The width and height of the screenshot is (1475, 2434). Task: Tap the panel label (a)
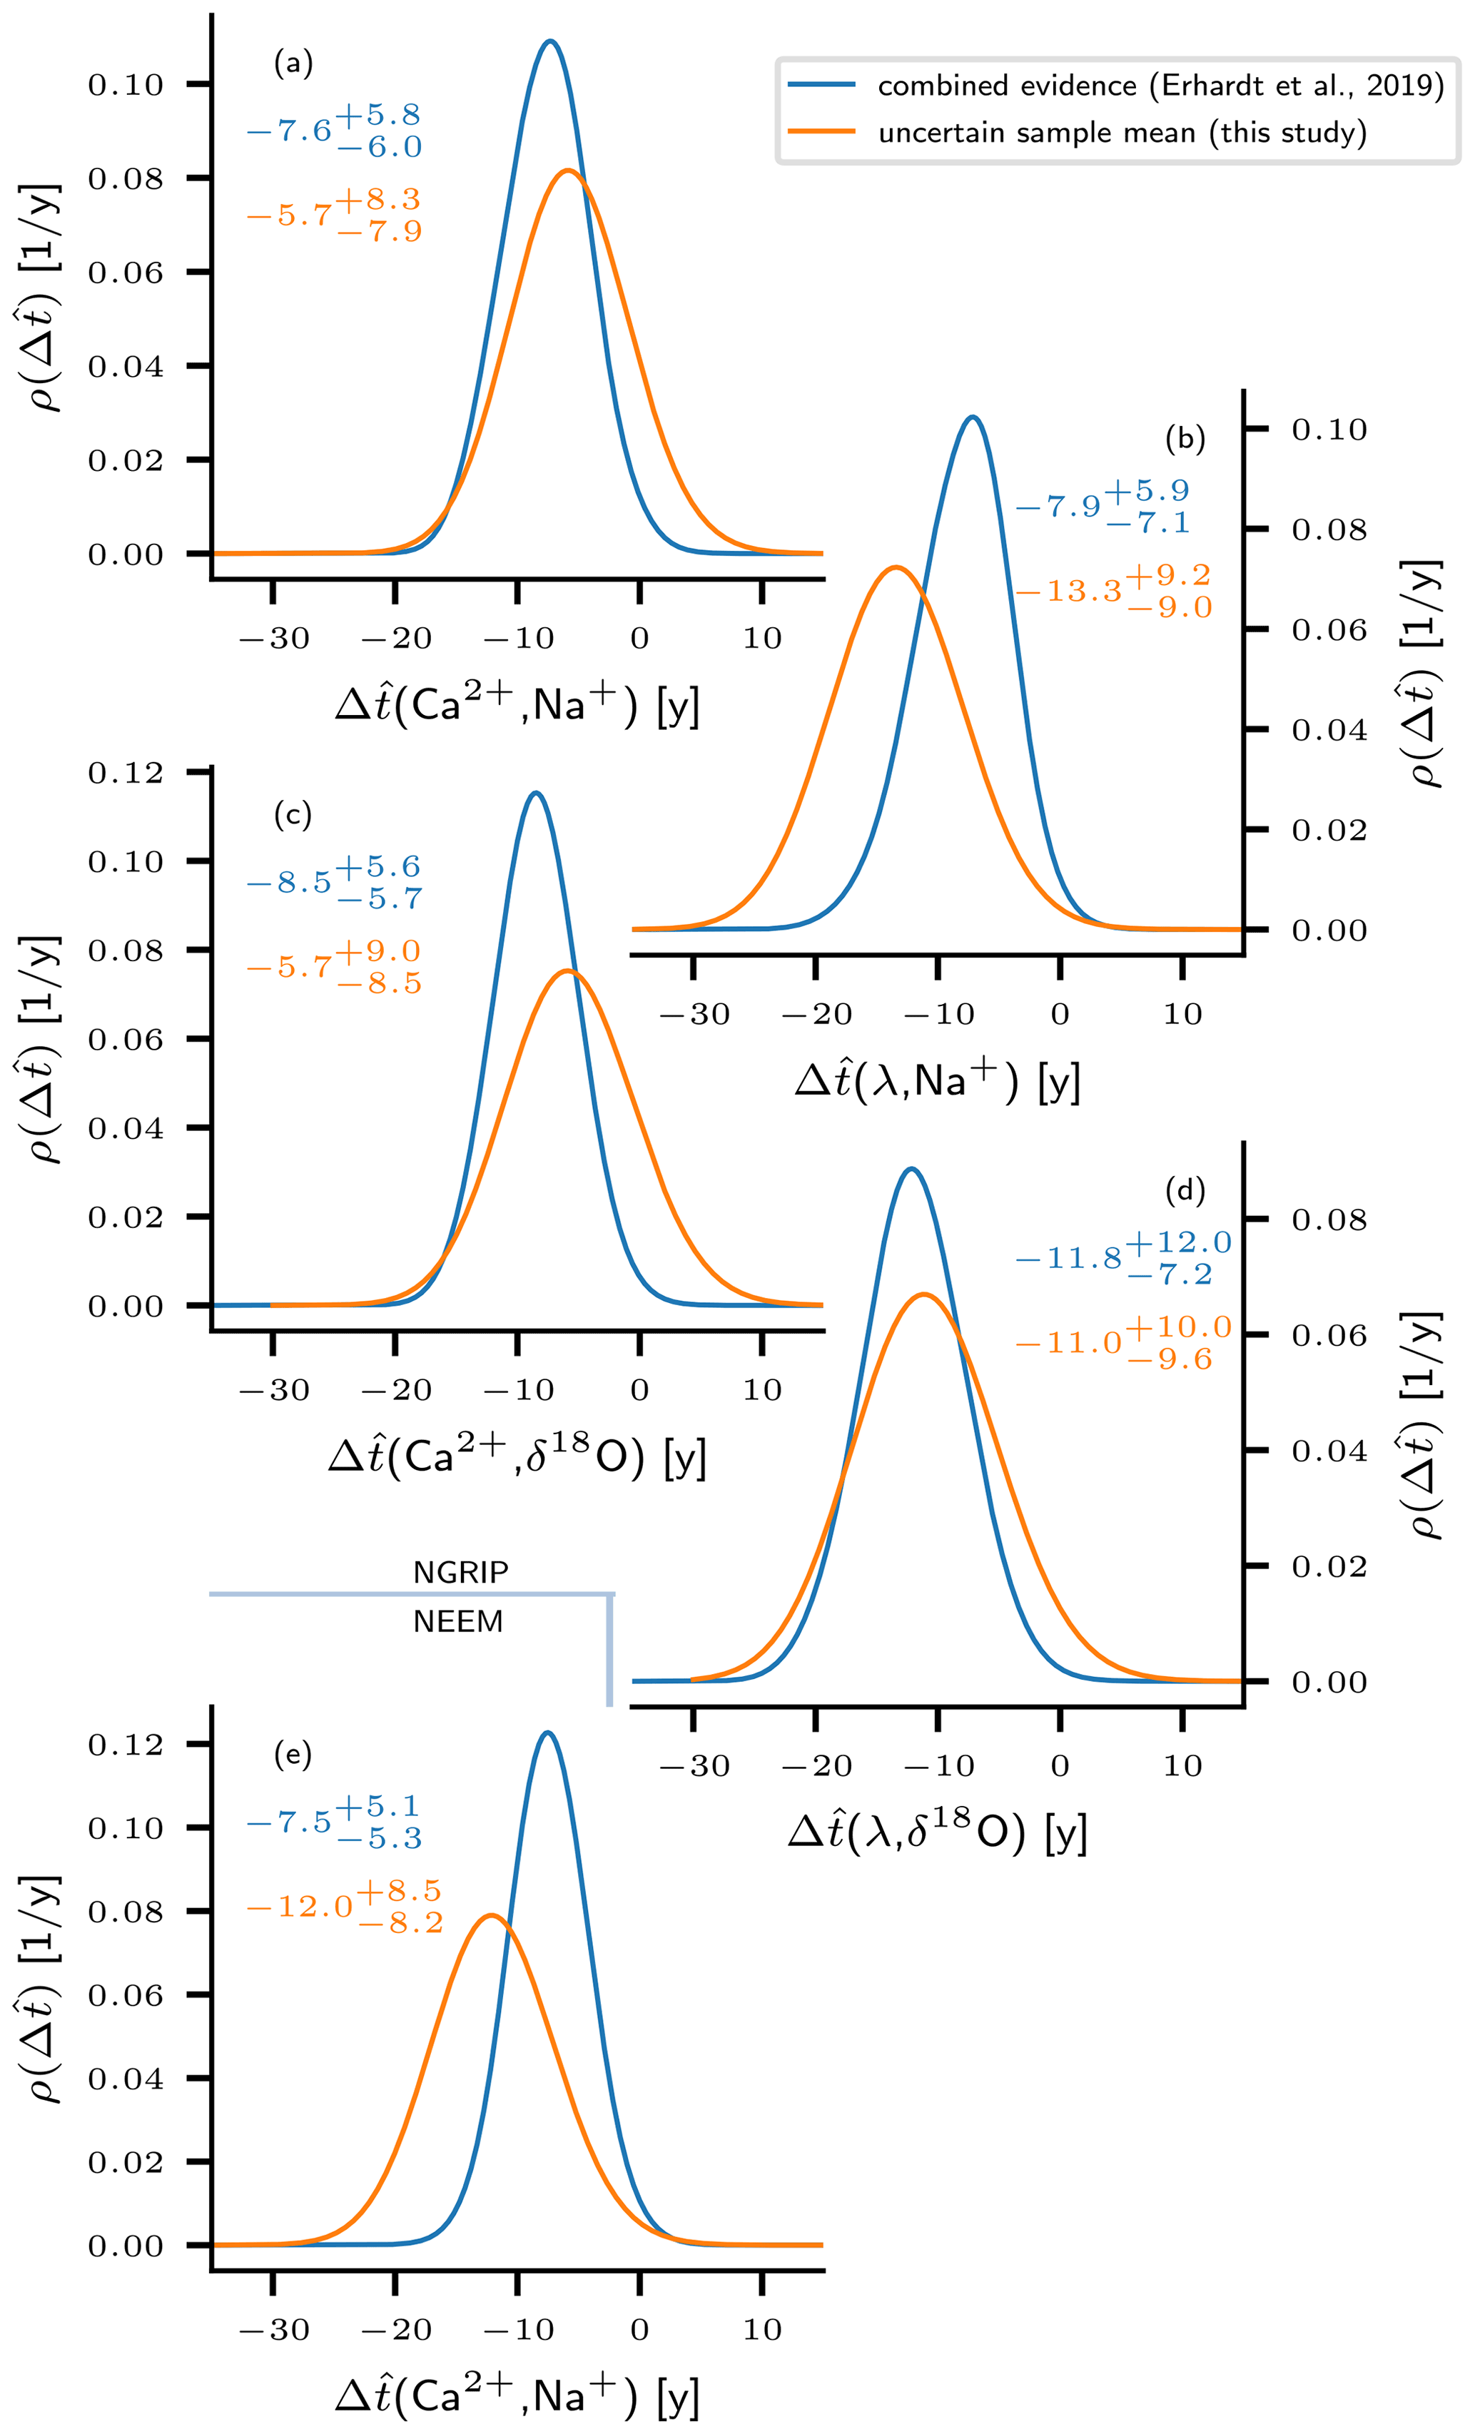[293, 64]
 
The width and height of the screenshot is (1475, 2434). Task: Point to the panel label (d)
[1185, 1190]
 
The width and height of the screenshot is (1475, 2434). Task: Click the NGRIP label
[460, 1571]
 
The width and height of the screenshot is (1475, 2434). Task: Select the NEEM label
[458, 1621]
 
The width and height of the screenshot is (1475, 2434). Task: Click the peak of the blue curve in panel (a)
[550, 41]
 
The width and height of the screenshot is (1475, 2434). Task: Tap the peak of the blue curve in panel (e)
[547, 1732]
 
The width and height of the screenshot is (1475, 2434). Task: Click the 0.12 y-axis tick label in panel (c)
[126, 773]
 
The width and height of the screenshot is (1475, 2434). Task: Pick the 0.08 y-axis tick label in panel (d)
[1329, 1220]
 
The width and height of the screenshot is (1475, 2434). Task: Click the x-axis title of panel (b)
[936, 1082]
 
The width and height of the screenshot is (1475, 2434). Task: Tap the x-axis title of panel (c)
[517, 1458]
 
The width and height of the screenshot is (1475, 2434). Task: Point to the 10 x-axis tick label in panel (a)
[761, 638]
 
